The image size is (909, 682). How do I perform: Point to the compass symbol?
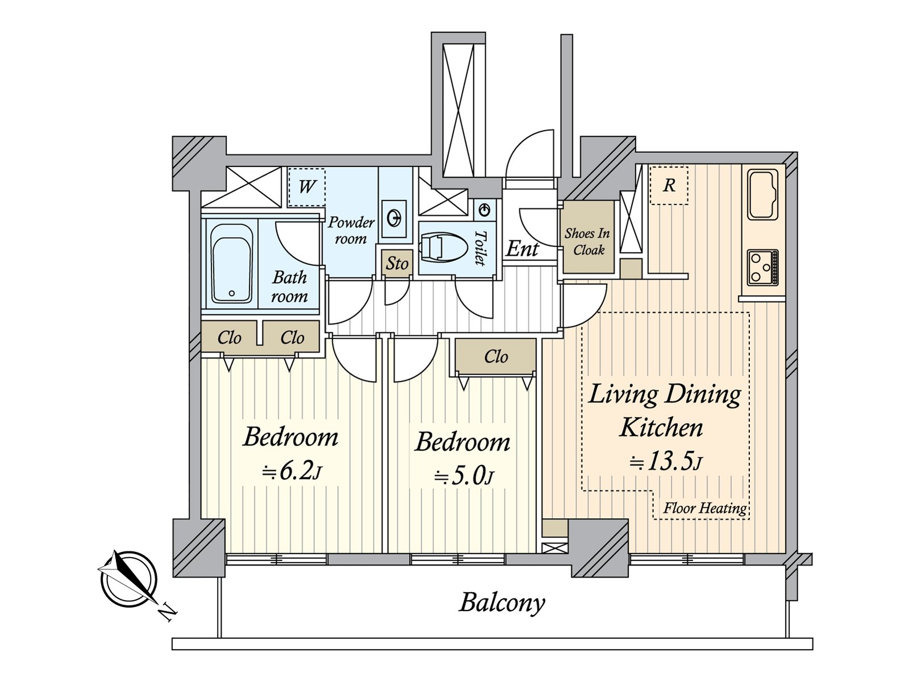tap(128, 579)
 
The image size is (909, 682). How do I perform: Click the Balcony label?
tap(502, 602)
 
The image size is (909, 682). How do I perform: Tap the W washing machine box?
tap(306, 186)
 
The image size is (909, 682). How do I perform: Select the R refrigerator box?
tap(669, 185)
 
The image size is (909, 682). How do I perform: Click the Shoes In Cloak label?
tap(587, 241)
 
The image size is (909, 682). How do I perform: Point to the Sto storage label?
tap(397, 263)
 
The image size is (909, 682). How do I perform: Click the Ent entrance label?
tap(522, 248)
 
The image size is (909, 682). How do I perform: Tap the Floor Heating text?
tap(704, 508)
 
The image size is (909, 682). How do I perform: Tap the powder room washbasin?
tap(394, 218)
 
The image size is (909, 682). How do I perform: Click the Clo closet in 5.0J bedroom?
tap(495, 356)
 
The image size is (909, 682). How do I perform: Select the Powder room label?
tap(351, 230)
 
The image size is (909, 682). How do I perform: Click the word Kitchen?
tap(661, 427)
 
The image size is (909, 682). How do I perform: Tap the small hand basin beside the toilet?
tap(484, 210)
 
